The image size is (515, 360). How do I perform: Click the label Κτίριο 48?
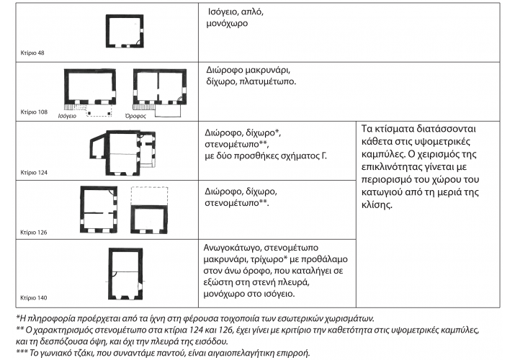click(32, 53)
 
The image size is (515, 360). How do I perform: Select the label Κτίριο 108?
click(34, 112)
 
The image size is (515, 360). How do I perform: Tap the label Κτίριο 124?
click(34, 172)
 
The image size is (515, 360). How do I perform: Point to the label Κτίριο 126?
click(34, 233)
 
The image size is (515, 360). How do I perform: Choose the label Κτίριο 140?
click(34, 297)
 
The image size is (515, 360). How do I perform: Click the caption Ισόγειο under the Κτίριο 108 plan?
click(67, 116)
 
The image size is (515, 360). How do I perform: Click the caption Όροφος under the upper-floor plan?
click(135, 116)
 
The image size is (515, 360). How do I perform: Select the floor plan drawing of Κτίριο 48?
click(125, 31)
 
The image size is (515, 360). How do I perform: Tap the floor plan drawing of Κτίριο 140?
click(125, 274)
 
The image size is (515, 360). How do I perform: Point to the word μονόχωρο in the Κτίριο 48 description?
click(227, 24)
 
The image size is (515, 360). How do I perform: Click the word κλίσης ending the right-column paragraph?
click(377, 204)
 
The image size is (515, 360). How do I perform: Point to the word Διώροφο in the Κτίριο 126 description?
click(223, 192)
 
